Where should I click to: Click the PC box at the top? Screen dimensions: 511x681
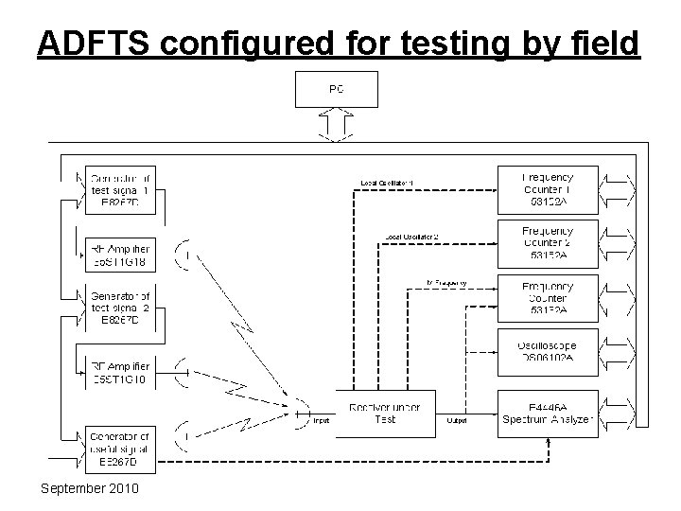[x=337, y=90]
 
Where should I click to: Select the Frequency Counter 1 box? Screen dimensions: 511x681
[x=548, y=187]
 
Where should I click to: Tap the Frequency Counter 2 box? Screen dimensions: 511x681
[x=548, y=241]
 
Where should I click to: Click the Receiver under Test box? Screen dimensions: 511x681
[x=385, y=413]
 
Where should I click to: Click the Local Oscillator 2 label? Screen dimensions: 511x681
[x=411, y=236]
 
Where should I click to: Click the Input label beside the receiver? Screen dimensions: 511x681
[x=322, y=421]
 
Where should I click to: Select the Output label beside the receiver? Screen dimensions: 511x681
[x=457, y=421]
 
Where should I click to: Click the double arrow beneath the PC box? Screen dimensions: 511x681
[x=337, y=124]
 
